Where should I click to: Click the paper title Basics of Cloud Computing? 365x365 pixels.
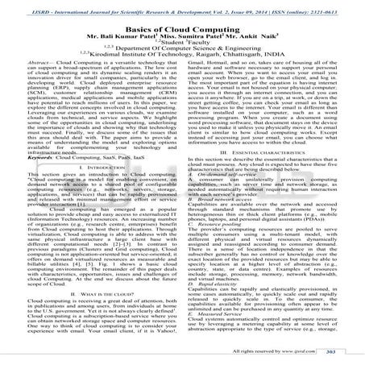click(181, 28)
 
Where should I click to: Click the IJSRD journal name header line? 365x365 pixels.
click(182, 6)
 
